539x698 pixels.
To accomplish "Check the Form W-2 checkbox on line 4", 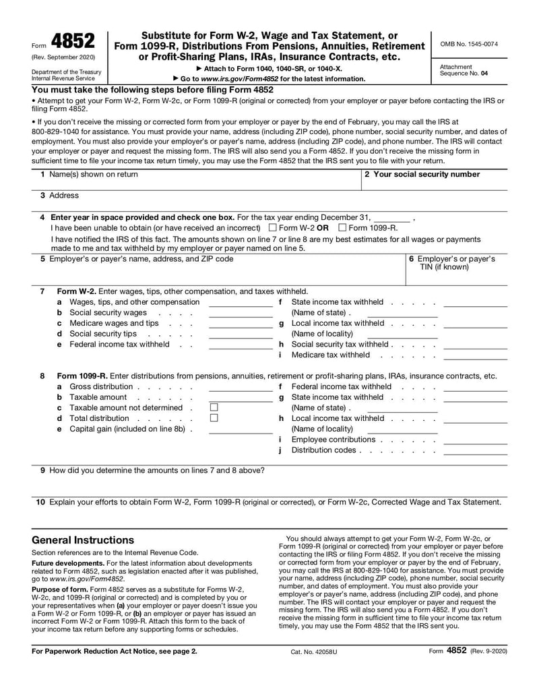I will coord(272,228).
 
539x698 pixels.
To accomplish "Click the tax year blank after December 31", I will coord(392,219).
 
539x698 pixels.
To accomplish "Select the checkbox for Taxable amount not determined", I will coord(214,407).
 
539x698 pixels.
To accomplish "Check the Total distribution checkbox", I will coord(214,418).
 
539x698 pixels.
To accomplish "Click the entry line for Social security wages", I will coord(240,314).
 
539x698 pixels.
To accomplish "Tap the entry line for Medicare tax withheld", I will coord(475,356).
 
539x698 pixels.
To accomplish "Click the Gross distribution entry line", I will coord(240,388).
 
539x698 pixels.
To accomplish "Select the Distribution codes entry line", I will coord(475,452).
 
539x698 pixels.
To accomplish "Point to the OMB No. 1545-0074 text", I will coord(469,44).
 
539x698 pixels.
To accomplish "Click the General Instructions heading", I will coord(83,540).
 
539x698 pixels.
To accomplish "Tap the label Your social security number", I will coord(422,174).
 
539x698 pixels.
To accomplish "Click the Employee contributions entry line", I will coord(475,441).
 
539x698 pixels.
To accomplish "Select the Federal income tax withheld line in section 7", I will coord(240,345).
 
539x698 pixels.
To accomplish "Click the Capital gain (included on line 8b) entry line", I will coord(240,430).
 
